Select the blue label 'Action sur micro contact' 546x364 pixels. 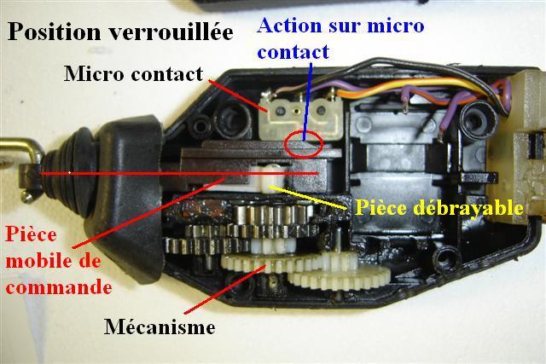pos(340,38)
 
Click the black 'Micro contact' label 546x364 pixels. pos(133,74)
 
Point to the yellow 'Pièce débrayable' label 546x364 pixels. pos(439,208)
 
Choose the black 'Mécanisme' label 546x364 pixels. pos(160,326)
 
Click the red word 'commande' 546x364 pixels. pos(59,287)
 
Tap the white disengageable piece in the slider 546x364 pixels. pos(270,178)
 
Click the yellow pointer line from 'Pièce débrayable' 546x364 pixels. pos(308,197)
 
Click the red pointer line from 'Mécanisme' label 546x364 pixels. pos(225,289)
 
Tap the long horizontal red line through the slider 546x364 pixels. pos(179,173)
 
